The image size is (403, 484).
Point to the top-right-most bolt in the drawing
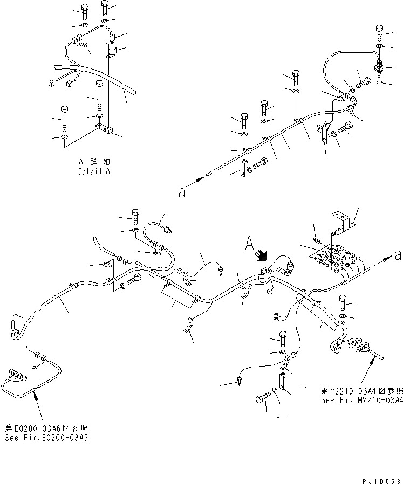tap(380, 33)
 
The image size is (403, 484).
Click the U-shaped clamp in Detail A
tap(112, 51)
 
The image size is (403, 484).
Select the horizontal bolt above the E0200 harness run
tap(132, 279)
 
